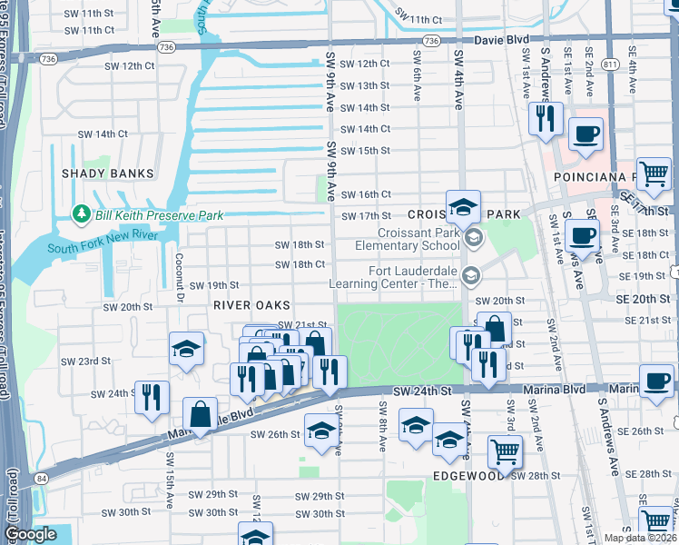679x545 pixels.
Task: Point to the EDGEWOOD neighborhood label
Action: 467,475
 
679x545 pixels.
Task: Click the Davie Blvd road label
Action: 502,41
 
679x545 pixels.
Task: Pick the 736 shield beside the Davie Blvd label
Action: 431,42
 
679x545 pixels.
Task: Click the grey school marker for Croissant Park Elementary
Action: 472,238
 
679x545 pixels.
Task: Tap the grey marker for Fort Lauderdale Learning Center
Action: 470,274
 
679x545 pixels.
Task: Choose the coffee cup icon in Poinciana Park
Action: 586,134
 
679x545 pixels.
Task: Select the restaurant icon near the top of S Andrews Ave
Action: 545,119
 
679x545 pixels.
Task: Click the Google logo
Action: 30,534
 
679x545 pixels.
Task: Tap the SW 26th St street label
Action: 277,434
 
